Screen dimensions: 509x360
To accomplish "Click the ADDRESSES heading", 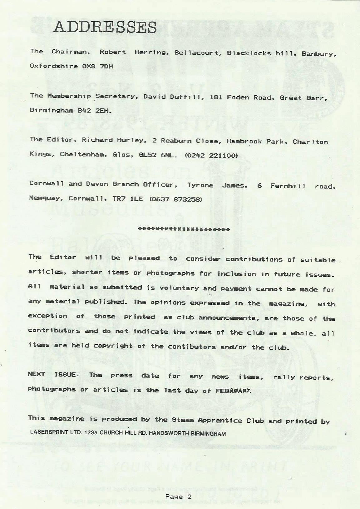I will [x=105, y=27].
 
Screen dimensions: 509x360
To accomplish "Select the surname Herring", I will [x=152, y=52].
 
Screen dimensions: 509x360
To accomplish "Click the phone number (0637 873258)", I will [x=176, y=199].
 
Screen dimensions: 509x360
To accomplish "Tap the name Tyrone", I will [x=200, y=185].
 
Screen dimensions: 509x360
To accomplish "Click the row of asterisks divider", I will [x=184, y=229].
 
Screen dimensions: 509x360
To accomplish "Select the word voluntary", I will [x=179, y=288].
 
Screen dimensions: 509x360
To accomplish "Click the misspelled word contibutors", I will [x=192, y=347].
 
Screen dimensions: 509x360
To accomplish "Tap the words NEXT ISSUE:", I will [x=53, y=374].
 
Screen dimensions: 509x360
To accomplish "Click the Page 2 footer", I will [x=178, y=497].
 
